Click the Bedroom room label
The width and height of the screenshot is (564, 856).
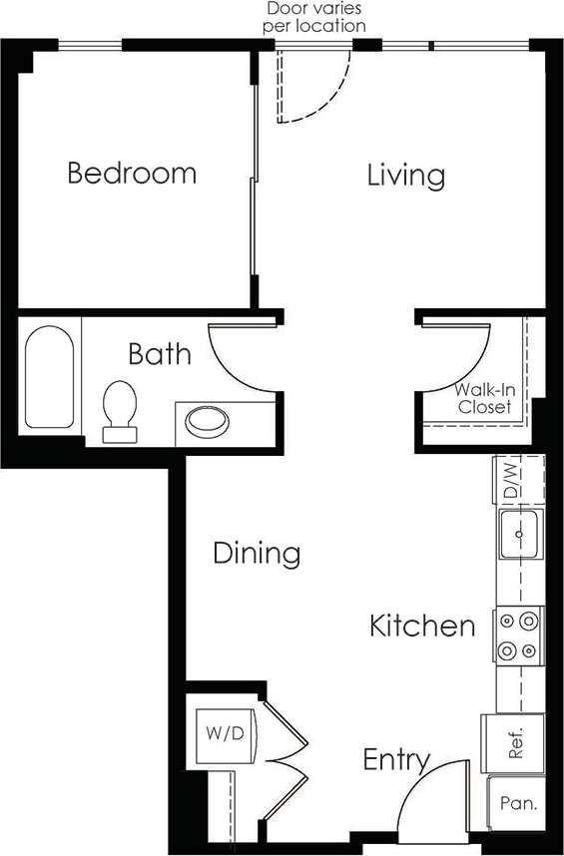pos(131,174)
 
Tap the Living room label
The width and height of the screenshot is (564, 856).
pos(405,176)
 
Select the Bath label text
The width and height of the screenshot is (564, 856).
pos(160,353)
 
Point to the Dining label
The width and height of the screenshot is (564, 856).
pos(257,553)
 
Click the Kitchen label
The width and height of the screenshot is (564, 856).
pos(422,627)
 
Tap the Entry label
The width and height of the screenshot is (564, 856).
pos(395,760)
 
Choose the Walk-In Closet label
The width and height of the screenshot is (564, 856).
pos(484,398)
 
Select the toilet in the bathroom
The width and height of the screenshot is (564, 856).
pos(120,409)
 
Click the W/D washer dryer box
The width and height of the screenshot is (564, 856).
pos(226,734)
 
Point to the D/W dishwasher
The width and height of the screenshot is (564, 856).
pos(510,480)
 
